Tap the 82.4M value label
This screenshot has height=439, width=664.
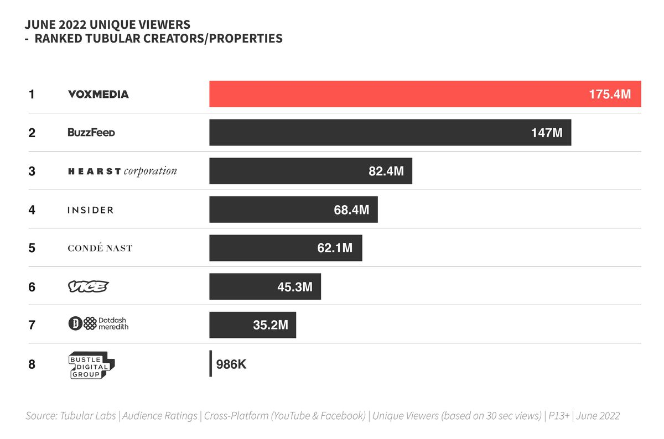(x=386, y=171)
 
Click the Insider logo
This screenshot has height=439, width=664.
(x=90, y=210)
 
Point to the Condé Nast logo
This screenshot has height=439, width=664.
(x=100, y=248)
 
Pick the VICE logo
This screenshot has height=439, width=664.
(x=88, y=286)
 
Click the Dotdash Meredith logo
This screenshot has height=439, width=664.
(x=98, y=325)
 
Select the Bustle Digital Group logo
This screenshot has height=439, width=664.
(x=92, y=364)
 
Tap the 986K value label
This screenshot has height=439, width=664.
(x=231, y=364)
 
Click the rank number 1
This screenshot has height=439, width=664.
(x=32, y=95)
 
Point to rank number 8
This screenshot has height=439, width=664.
(x=32, y=364)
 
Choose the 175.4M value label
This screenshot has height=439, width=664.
(x=610, y=95)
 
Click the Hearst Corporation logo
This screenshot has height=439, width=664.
(x=122, y=171)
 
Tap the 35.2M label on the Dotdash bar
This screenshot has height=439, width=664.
(x=271, y=325)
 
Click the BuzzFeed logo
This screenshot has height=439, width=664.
(x=91, y=133)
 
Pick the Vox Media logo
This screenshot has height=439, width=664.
(x=98, y=95)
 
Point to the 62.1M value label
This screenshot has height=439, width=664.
(x=335, y=248)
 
